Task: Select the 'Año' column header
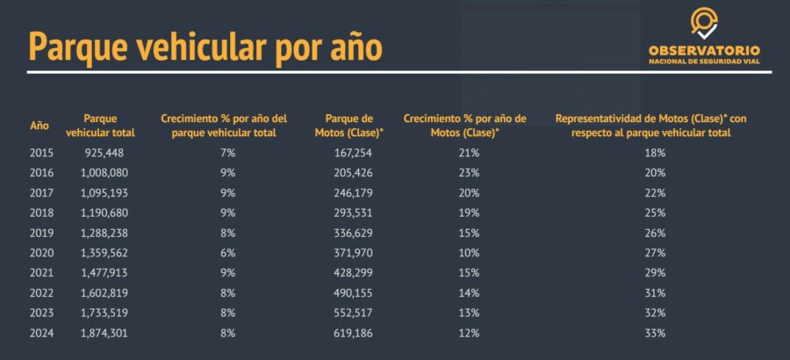click(x=39, y=126)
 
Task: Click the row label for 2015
click(x=41, y=153)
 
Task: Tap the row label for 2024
click(x=41, y=333)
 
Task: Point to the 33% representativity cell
click(x=655, y=333)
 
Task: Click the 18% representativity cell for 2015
click(x=655, y=153)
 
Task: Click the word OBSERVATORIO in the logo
click(x=704, y=51)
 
